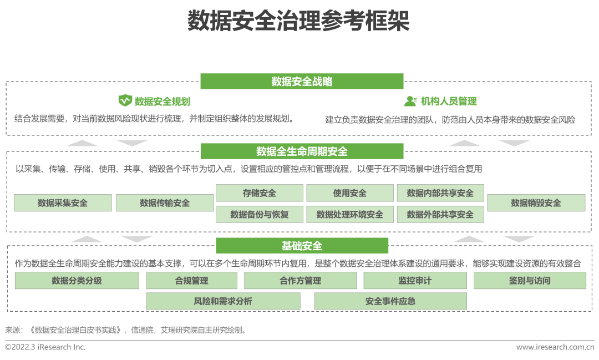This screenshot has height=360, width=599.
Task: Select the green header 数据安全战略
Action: pos(302,82)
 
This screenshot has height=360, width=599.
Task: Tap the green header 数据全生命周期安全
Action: pos(302,151)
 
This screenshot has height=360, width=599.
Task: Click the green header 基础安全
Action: pos(302,246)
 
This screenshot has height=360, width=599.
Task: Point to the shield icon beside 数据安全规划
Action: pos(125,101)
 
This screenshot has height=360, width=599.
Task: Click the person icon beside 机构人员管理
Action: pos(410,101)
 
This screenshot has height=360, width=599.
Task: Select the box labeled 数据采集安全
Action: pos(63,203)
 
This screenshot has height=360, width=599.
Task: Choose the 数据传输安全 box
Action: pos(165,203)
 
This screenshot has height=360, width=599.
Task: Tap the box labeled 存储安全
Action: pos(259,193)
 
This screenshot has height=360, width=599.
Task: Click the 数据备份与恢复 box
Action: pos(259,214)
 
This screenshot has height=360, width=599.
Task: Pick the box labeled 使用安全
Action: pos(350,193)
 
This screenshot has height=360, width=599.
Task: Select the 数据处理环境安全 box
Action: pos(350,214)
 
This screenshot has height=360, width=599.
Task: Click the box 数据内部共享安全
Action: pos(440,193)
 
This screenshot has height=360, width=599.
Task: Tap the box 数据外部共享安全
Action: pos(440,214)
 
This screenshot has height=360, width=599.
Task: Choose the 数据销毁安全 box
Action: pos(536,203)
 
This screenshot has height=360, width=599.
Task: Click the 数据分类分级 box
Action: pos(77,281)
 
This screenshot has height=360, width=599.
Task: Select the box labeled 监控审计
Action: pos(415,281)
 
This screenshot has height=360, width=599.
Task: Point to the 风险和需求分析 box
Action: pos(223,301)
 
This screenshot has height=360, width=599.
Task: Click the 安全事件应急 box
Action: pos(390,301)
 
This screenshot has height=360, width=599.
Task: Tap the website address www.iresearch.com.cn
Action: pos(555,347)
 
